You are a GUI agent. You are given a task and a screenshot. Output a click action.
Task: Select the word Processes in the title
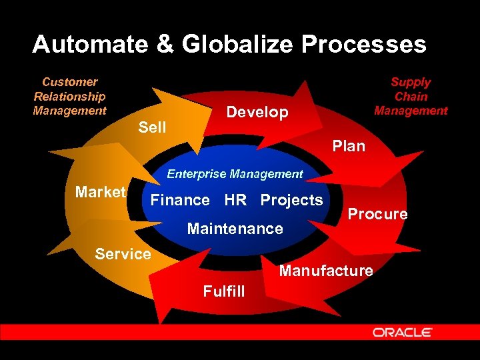363,45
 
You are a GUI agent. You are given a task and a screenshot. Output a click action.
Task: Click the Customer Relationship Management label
69,96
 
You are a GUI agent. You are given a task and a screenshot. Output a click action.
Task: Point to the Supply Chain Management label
411,96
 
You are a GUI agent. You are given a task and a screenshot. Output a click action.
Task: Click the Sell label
152,127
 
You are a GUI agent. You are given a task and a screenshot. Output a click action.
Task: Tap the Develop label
257,112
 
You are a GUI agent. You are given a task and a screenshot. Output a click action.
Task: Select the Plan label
349,145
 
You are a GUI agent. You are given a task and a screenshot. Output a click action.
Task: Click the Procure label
377,214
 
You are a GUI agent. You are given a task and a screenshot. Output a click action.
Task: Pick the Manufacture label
326,271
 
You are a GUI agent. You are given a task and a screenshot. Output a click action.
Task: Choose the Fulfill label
224,291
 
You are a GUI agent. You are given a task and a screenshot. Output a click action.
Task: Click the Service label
123,254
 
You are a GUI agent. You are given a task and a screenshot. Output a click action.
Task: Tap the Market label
101,193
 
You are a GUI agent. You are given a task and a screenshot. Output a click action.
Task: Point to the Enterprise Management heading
235,174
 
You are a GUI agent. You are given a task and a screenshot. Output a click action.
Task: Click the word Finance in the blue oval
180,200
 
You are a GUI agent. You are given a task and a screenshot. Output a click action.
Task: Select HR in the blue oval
235,200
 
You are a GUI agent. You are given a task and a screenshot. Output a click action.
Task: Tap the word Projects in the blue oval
291,200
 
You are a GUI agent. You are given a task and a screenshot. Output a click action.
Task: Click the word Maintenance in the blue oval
235,229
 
